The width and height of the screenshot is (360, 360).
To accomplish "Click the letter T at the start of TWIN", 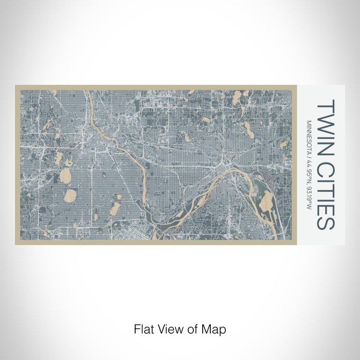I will point(326,105).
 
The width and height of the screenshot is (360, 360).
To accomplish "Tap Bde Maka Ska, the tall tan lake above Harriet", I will point(65,176).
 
